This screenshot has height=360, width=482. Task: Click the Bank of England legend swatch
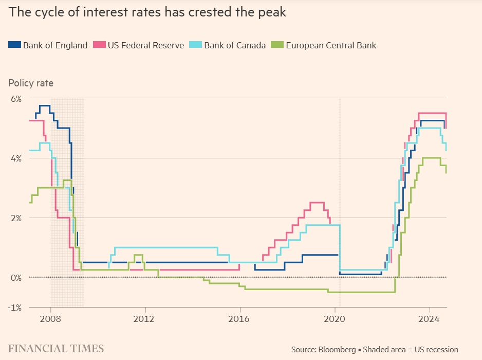pyautogui.click(x=14, y=45)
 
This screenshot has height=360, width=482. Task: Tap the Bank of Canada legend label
pyautogui.click(x=235, y=45)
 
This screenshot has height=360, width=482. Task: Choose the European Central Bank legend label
pyautogui.click(x=331, y=45)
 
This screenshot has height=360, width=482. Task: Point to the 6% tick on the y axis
pyautogui.click(x=15, y=98)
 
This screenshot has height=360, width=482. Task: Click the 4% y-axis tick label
pyautogui.click(x=15, y=158)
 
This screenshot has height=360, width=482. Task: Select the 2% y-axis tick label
pyautogui.click(x=15, y=218)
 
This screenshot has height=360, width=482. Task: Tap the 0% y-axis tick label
pyautogui.click(x=15, y=278)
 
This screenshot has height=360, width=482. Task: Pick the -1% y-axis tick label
pyautogui.click(x=14, y=308)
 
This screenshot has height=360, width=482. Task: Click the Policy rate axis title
pyautogui.click(x=31, y=83)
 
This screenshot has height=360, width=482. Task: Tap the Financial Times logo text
pyautogui.click(x=56, y=348)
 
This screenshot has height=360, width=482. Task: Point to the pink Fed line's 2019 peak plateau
pyautogui.click(x=317, y=203)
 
